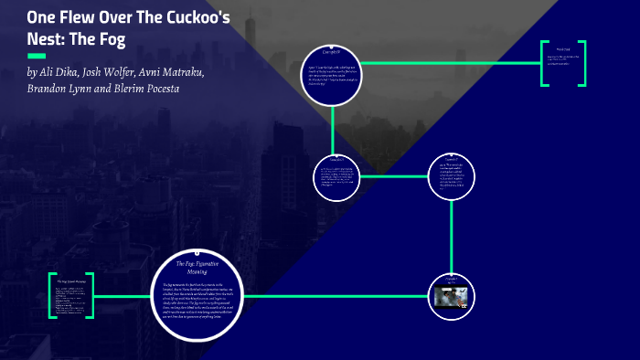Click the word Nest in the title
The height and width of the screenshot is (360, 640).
(x=46, y=40)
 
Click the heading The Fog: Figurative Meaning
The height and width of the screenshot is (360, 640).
(x=197, y=267)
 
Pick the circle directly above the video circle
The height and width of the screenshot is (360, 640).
(x=452, y=176)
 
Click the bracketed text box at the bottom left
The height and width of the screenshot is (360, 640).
(x=71, y=295)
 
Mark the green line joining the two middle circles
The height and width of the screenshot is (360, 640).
(x=392, y=176)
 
